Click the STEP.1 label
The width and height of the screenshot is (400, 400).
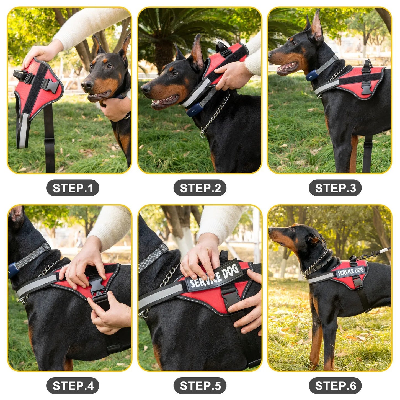73,188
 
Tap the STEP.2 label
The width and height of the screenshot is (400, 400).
200,188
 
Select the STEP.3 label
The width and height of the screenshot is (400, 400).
335,188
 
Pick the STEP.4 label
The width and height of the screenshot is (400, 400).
73,386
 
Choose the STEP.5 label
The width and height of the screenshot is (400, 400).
200,386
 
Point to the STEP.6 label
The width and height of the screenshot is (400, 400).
335,386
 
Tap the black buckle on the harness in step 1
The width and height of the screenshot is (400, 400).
52,86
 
